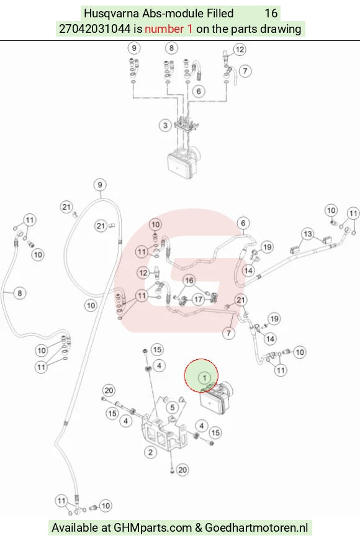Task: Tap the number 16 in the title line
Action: [x=271, y=14]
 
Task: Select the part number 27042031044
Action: [x=95, y=29]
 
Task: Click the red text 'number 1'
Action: [x=168, y=29]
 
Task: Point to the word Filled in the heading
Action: [x=220, y=14]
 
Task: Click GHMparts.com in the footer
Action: [x=153, y=527]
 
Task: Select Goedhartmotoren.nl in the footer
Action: [x=256, y=527]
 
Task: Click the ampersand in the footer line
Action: [x=199, y=527]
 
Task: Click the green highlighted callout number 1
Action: [x=204, y=378]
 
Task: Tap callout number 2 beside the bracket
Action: [x=150, y=452]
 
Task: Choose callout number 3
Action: [x=165, y=125]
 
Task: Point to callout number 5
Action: [x=172, y=408]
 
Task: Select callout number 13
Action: [x=307, y=234]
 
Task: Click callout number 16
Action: [x=189, y=280]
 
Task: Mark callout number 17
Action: [x=198, y=299]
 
